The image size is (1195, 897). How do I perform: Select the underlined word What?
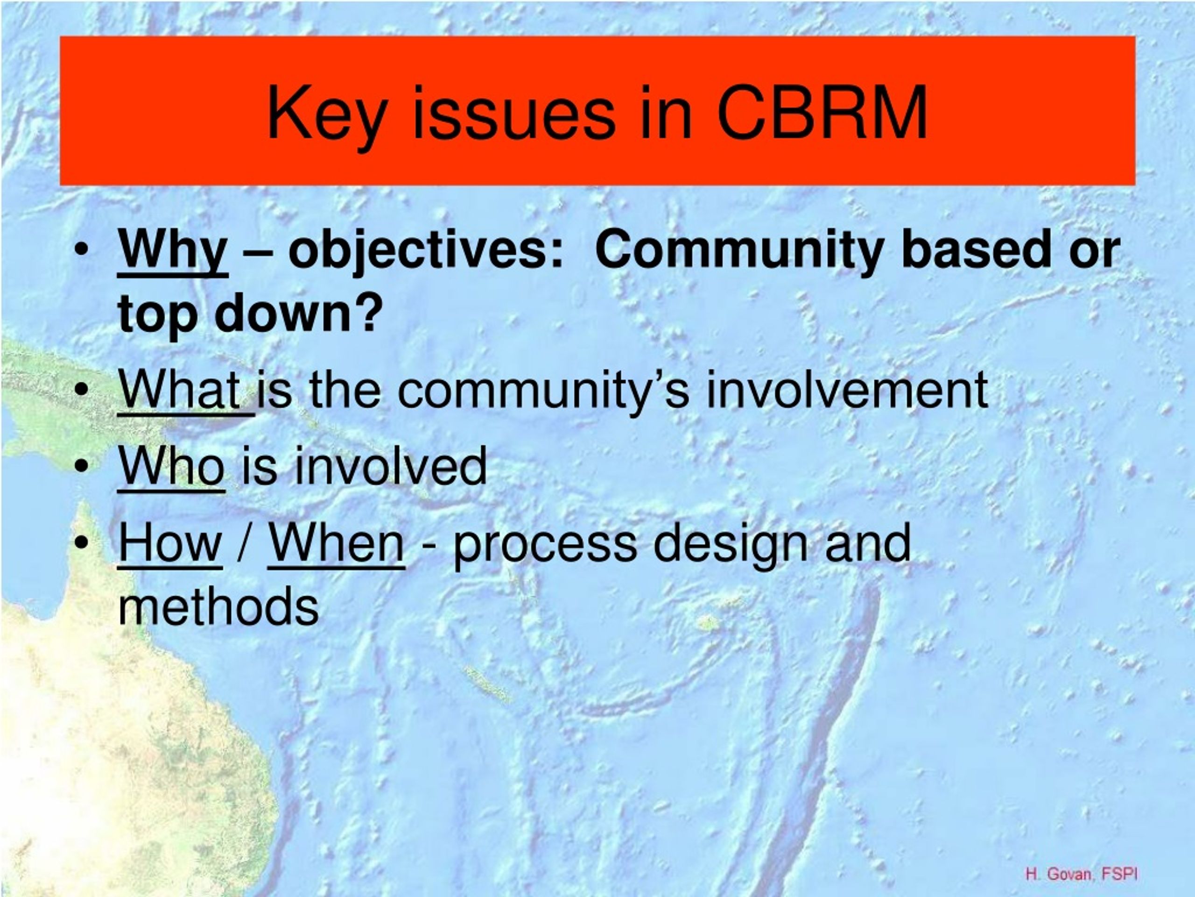point(180,389)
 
